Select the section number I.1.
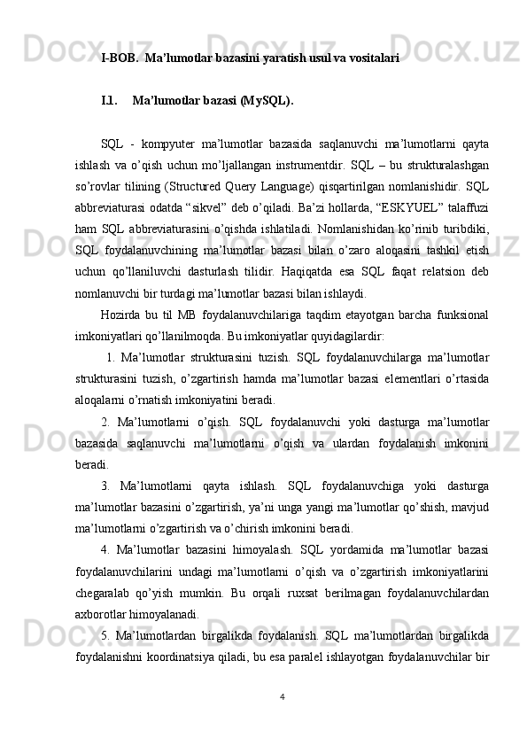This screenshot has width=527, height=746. click(111, 100)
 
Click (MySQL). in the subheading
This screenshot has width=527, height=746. click(266, 100)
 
